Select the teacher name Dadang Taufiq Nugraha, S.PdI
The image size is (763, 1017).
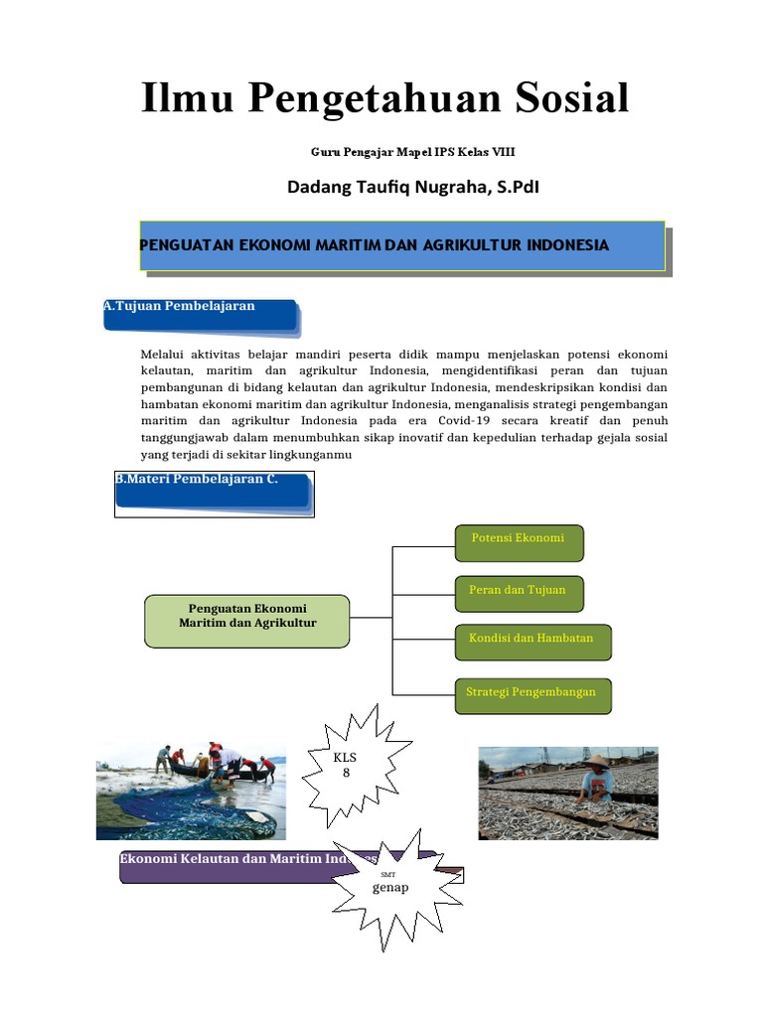413,187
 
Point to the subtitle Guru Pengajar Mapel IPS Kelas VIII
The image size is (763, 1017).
413,152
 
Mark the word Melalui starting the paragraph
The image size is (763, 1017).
164,354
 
